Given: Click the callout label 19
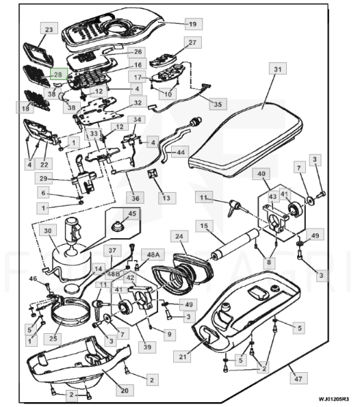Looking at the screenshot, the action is click(x=194, y=24).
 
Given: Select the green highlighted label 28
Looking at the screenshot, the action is click(x=59, y=74).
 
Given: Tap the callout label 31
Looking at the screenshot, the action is click(x=278, y=69).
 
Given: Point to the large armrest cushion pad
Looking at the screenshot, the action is click(x=246, y=139).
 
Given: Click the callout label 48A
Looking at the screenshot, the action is click(x=153, y=255).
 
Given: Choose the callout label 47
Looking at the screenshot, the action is click(x=298, y=378).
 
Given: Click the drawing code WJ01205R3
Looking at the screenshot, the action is click(x=334, y=399).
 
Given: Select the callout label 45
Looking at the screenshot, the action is click(x=132, y=213).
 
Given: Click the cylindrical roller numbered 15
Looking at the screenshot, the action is click(x=235, y=244).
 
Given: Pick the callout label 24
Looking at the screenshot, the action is click(x=179, y=236).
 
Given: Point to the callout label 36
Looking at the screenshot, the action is click(x=136, y=198).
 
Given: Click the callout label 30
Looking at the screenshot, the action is click(x=48, y=231).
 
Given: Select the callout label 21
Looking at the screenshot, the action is click(x=183, y=356).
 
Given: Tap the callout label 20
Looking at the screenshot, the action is click(x=125, y=391).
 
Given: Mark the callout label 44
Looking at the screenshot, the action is click(x=180, y=152).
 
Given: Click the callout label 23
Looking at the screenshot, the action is click(x=49, y=29).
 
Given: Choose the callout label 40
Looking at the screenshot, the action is click(x=261, y=174).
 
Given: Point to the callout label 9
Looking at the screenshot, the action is click(x=169, y=334).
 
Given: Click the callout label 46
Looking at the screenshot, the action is click(x=33, y=279).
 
